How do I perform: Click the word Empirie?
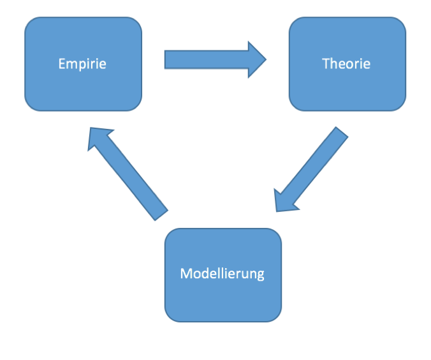tap(82, 64)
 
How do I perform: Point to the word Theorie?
tap(346, 64)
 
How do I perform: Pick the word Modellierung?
tap(222, 274)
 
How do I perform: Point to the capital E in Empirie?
tap(61, 64)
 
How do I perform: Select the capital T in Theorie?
tap(326, 64)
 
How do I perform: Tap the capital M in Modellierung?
tap(186, 274)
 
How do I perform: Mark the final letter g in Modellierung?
tap(260, 276)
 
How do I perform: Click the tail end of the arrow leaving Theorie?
tap(340, 134)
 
